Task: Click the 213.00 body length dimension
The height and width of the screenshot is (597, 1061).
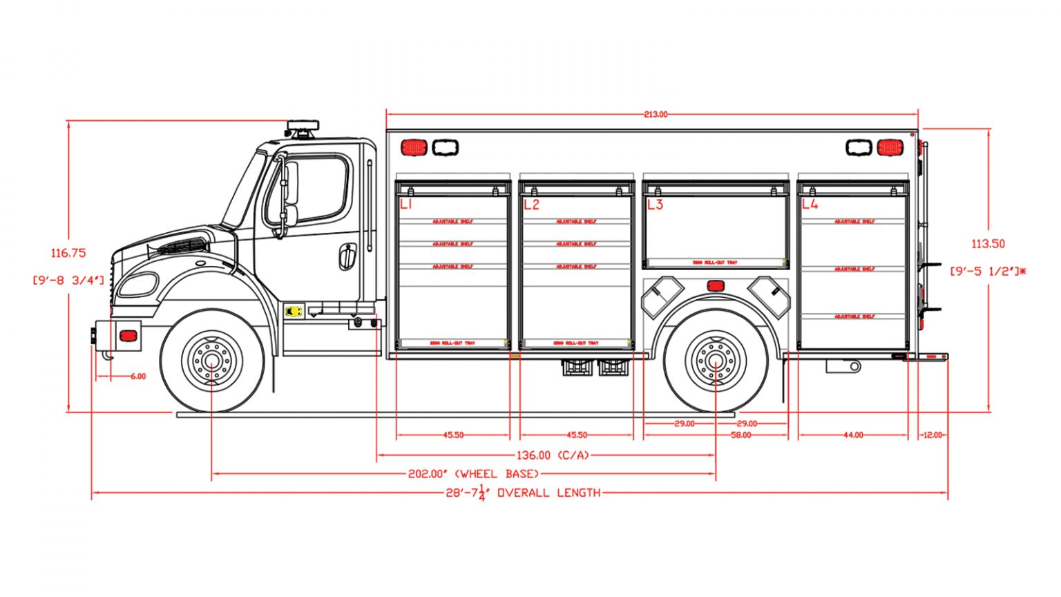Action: coord(656,115)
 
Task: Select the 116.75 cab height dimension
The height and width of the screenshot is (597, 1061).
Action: coord(68,253)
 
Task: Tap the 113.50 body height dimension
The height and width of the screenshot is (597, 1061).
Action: coord(988,244)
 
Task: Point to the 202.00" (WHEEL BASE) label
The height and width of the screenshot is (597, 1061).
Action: coord(473,474)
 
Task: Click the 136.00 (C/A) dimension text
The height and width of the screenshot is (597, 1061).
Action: coord(552,455)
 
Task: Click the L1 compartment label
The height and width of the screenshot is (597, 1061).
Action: coord(405,205)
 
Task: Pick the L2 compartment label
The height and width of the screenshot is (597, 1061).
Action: coord(530,205)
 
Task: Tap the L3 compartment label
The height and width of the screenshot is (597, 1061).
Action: coord(654,205)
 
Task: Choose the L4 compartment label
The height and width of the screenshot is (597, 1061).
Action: coord(810,205)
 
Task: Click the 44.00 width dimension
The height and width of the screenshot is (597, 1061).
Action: coord(853,435)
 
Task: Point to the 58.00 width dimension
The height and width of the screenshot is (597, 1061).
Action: coord(740,435)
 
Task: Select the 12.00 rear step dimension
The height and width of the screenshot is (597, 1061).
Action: coord(932,435)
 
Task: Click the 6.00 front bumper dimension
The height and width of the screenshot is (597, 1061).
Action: coord(138,377)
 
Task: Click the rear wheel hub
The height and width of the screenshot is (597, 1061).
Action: coord(716,361)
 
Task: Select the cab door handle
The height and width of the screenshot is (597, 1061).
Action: coord(347,256)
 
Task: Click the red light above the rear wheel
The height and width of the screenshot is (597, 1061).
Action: coord(715,285)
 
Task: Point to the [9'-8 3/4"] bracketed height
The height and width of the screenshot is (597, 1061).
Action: coord(68,280)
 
